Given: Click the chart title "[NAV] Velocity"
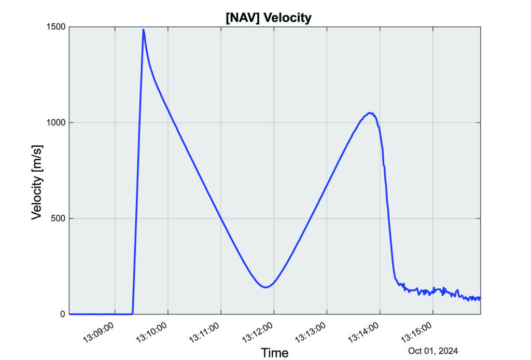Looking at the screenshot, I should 268,18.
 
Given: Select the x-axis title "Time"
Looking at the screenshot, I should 274,353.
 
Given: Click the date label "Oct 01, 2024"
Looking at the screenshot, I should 433,351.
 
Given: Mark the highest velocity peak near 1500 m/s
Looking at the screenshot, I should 143,30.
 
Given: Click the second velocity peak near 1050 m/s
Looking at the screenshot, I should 370,113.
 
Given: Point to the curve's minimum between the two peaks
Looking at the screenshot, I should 265,287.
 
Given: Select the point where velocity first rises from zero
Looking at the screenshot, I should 133,313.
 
